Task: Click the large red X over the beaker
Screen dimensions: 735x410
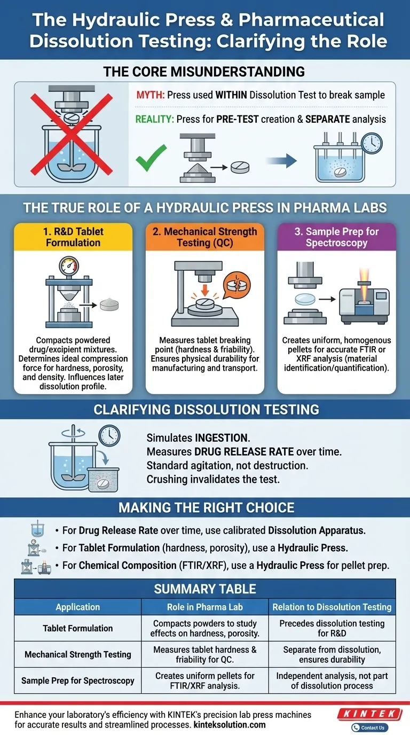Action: pyautogui.click(x=70, y=134)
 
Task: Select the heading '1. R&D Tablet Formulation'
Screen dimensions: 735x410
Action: pyautogui.click(x=73, y=237)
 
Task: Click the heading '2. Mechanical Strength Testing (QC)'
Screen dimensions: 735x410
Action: pyautogui.click(x=205, y=237)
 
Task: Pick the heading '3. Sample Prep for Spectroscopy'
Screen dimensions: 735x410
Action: pyautogui.click(x=336, y=237)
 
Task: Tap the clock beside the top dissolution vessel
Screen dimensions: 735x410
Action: pyautogui.click(x=370, y=143)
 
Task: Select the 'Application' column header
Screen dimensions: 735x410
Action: pyautogui.click(x=77, y=607)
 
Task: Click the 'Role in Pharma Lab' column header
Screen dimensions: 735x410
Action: pyautogui.click(x=205, y=607)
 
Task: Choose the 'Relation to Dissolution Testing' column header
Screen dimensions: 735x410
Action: pyautogui.click(x=332, y=607)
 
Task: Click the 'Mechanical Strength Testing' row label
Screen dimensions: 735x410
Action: pyautogui.click(x=77, y=654)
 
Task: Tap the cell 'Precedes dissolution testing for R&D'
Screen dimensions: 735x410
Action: pyautogui.click(x=332, y=628)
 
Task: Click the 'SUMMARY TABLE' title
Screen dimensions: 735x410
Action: pyautogui.click(x=205, y=589)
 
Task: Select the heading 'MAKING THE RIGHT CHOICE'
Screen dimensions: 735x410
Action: pyautogui.click(x=205, y=507)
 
